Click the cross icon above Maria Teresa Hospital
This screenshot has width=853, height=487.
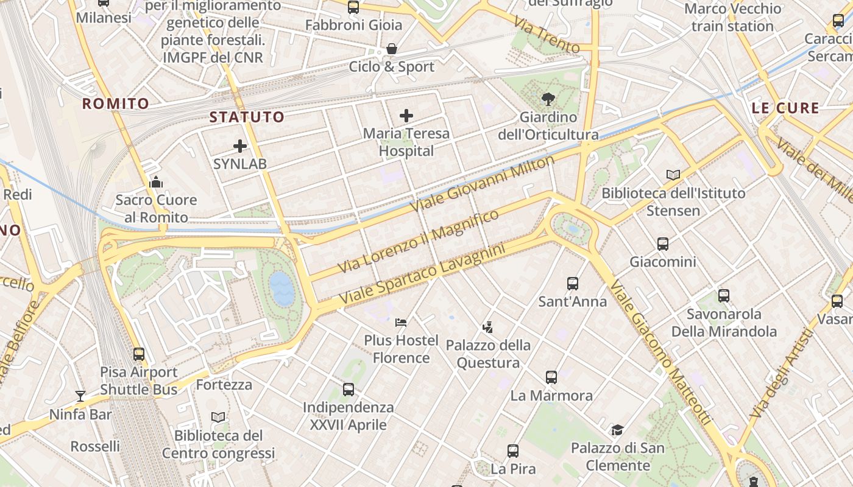406,116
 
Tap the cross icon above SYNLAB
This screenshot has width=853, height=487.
240,146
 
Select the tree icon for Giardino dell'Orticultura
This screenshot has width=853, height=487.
548,99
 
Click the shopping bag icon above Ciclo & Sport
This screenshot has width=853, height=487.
391,49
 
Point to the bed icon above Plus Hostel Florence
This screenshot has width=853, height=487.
401,322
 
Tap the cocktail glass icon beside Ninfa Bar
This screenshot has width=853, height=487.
80,396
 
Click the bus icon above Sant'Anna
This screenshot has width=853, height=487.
572,284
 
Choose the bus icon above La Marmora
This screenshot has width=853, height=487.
551,377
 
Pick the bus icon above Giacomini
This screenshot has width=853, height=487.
663,244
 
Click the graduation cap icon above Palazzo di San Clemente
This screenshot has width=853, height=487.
617,430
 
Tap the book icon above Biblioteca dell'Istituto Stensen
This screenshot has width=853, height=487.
673,175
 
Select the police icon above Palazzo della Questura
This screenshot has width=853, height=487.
487,328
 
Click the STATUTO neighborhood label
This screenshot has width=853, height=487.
247,117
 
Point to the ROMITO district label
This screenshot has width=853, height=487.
116,103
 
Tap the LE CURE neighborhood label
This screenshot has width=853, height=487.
785,108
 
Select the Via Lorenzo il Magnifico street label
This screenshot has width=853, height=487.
418,241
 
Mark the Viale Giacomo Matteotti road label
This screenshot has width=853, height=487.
660,352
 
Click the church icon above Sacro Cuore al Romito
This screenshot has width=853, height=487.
156,182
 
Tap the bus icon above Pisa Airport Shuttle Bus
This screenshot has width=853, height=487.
139,354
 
